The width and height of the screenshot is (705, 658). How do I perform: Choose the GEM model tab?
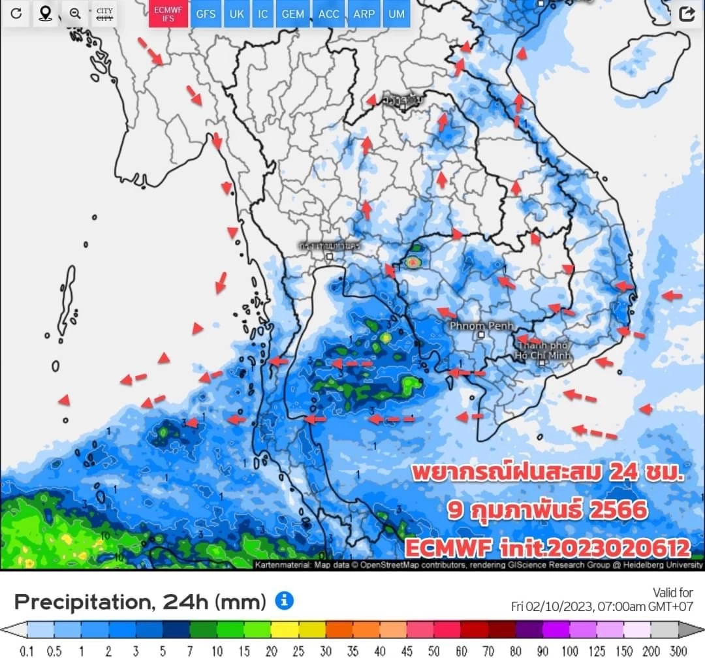coord(292,14)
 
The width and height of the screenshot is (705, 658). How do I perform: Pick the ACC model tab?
coord(329,14)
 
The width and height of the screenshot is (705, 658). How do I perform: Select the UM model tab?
coord(396,14)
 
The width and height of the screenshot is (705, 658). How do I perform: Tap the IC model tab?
coord(262,14)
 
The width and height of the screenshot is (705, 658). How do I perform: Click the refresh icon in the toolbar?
coord(16,14)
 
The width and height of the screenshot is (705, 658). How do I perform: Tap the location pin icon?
coord(45,14)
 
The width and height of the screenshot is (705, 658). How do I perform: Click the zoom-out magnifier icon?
coord(75,14)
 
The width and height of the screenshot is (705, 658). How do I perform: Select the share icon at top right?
coord(687,14)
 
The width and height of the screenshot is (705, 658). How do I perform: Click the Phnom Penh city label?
coord(482,325)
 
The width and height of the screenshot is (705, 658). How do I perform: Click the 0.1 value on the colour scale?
coord(27,651)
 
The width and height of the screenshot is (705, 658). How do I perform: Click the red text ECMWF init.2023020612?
coord(547,547)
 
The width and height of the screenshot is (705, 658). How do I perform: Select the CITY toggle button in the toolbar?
coord(104,14)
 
